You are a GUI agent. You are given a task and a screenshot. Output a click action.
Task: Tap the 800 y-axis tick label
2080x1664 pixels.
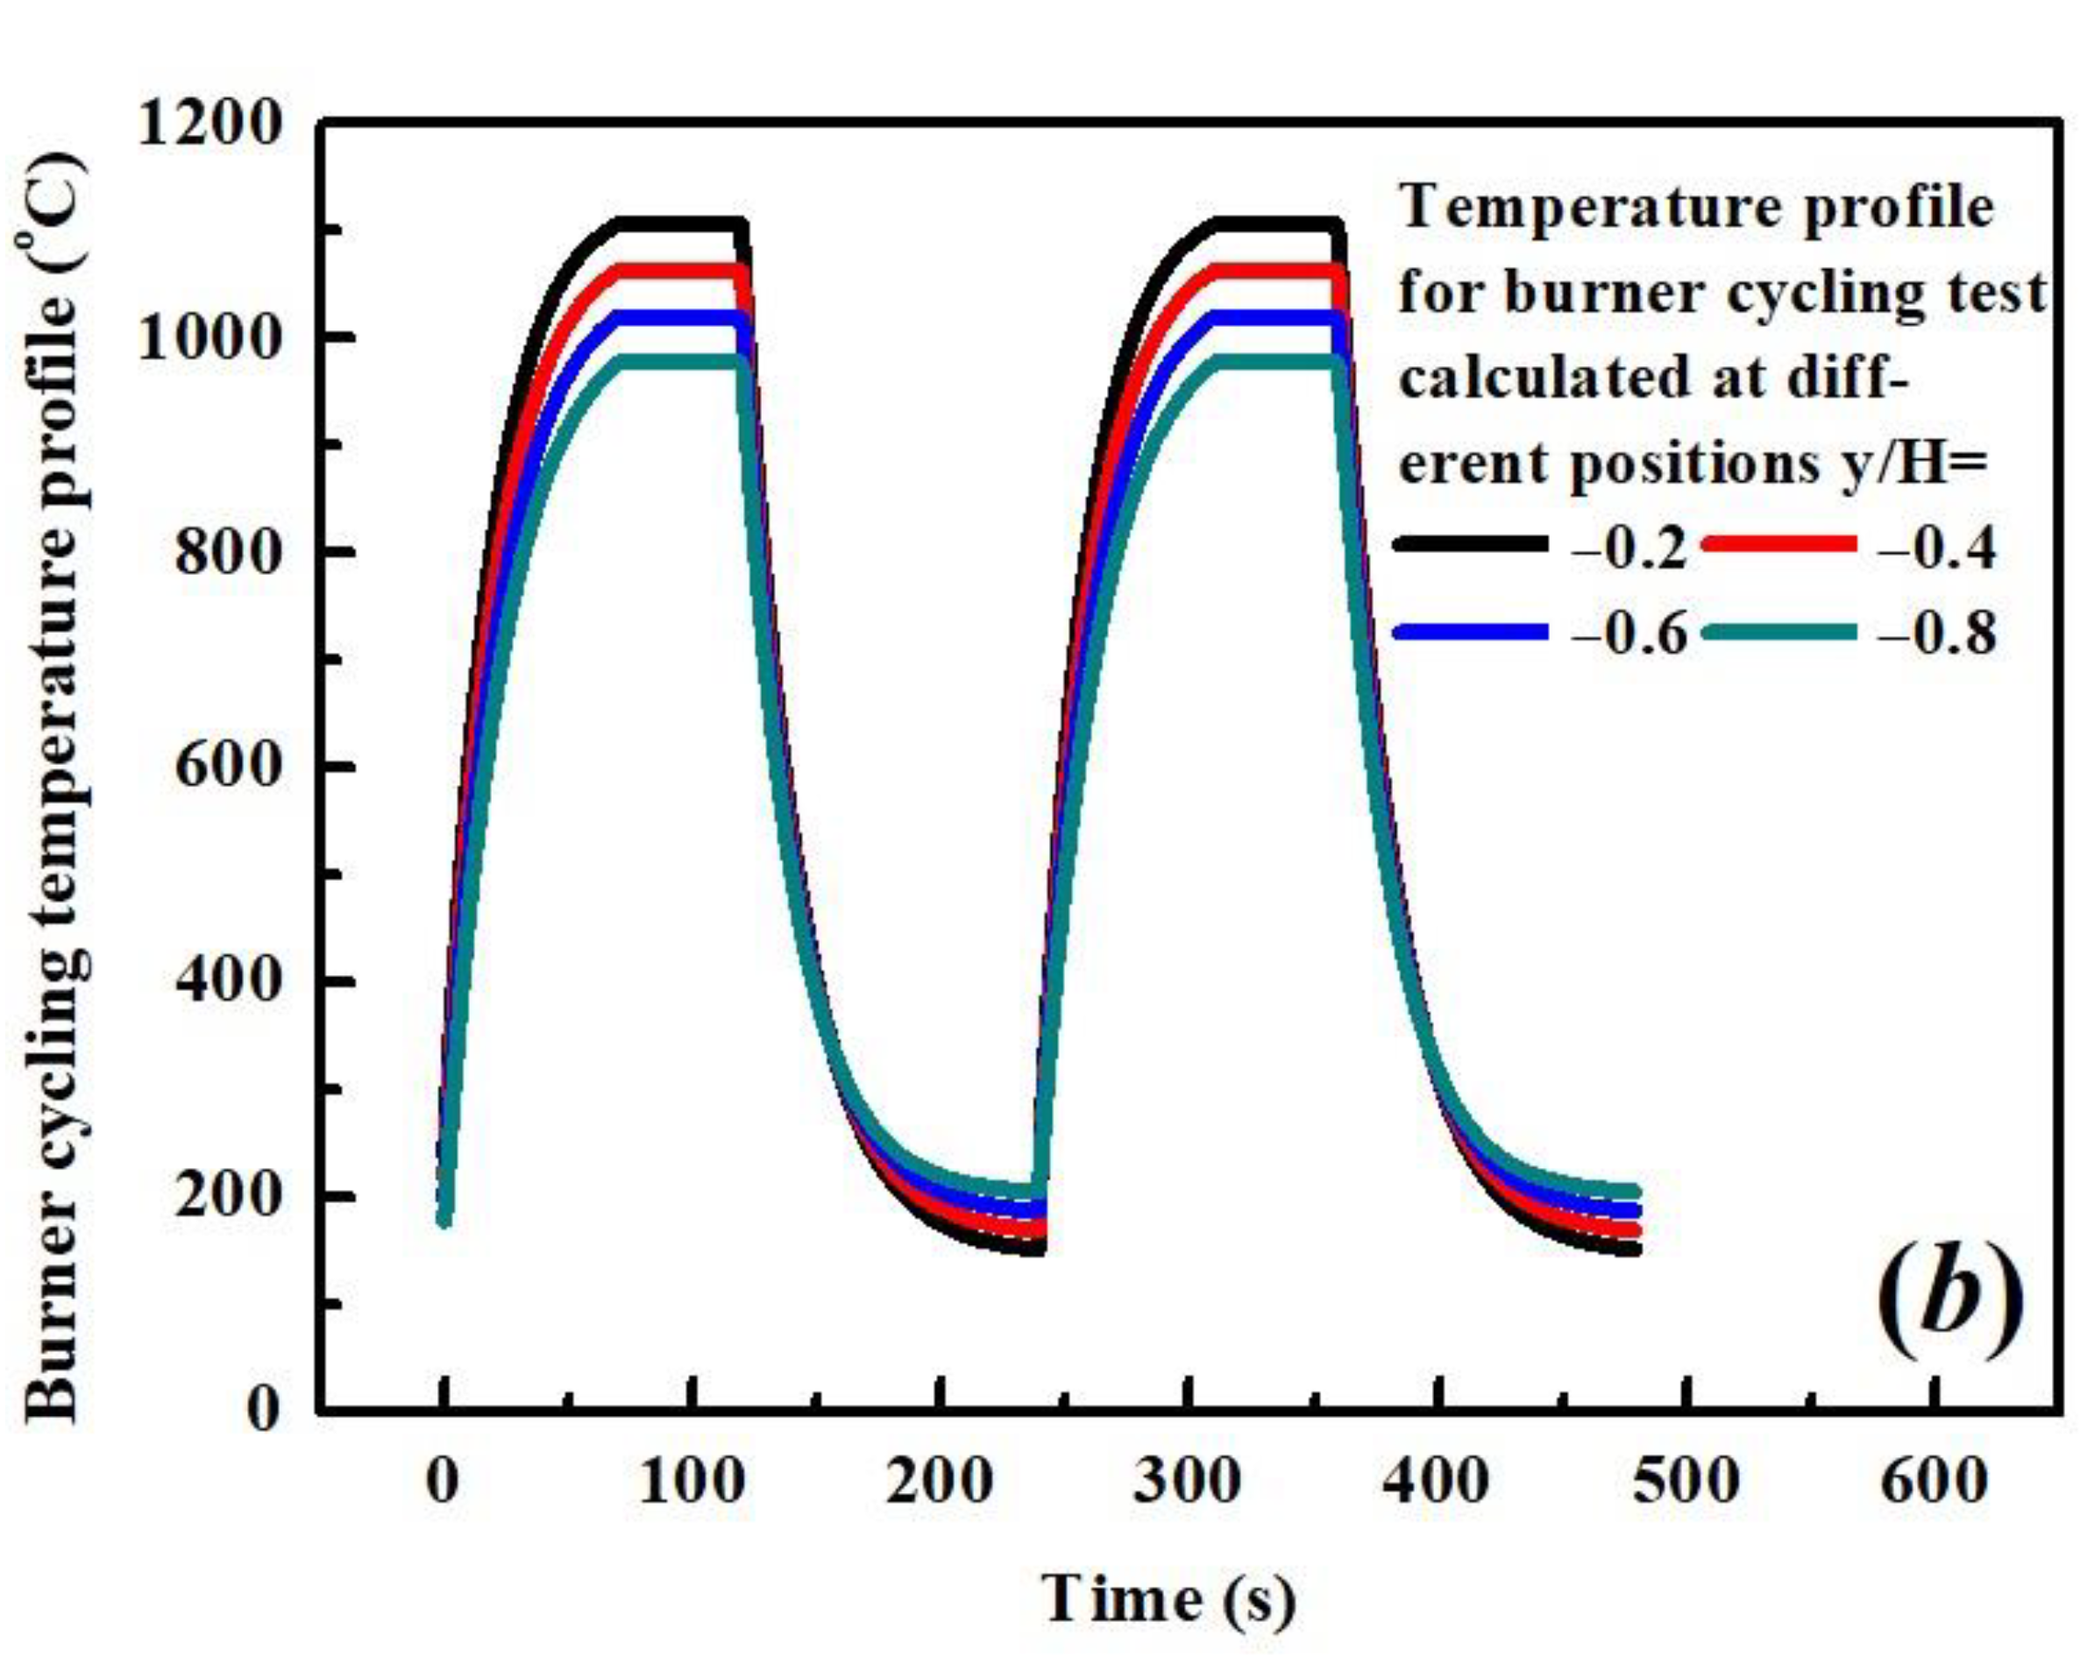[x=226, y=553]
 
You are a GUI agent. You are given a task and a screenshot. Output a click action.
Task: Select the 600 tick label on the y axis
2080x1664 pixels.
[x=226, y=768]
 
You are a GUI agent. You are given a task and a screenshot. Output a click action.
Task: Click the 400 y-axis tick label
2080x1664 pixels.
[x=226, y=982]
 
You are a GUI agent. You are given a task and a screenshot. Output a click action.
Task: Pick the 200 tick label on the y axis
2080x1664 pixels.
[x=226, y=1197]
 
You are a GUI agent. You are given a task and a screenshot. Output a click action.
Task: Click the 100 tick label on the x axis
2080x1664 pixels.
[x=691, y=1481]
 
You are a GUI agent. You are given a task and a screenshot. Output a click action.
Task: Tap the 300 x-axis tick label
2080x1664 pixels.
[x=1187, y=1481]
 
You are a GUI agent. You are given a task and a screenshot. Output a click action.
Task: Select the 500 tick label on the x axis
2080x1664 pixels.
[x=1686, y=1481]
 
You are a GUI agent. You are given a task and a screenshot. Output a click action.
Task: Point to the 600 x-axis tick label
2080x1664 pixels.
[x=1934, y=1481]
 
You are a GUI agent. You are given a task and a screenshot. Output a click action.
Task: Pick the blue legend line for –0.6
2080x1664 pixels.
[x=1470, y=633]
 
